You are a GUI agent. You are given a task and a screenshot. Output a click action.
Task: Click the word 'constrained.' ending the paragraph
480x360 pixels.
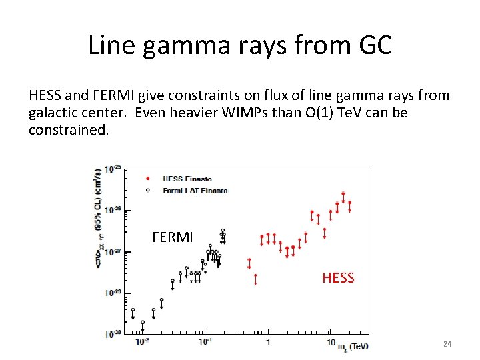pyautogui.click(x=68, y=129)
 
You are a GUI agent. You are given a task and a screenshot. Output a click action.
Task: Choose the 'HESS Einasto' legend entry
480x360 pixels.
pyautogui.click(x=187, y=179)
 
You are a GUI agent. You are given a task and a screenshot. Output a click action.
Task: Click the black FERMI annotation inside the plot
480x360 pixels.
pyautogui.click(x=172, y=237)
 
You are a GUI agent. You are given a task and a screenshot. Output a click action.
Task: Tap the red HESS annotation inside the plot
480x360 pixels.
pyautogui.click(x=338, y=278)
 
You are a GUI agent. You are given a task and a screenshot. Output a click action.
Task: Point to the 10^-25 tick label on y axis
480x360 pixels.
pyautogui.click(x=113, y=168)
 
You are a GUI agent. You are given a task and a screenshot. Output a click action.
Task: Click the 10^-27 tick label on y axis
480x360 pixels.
pyautogui.click(x=113, y=251)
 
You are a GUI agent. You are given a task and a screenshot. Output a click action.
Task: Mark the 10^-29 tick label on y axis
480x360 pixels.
pyautogui.click(x=113, y=334)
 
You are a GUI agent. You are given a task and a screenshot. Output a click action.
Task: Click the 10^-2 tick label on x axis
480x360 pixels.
pyautogui.click(x=142, y=342)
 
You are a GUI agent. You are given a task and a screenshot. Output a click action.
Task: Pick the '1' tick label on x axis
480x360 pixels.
pyautogui.click(x=268, y=343)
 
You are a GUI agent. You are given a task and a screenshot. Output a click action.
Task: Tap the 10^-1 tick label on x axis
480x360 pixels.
pyautogui.click(x=205, y=342)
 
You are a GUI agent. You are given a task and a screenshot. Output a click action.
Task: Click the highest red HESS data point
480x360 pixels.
pyautogui.click(x=343, y=194)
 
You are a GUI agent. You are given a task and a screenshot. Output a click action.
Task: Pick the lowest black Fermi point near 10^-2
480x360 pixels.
pyautogui.click(x=142, y=323)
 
